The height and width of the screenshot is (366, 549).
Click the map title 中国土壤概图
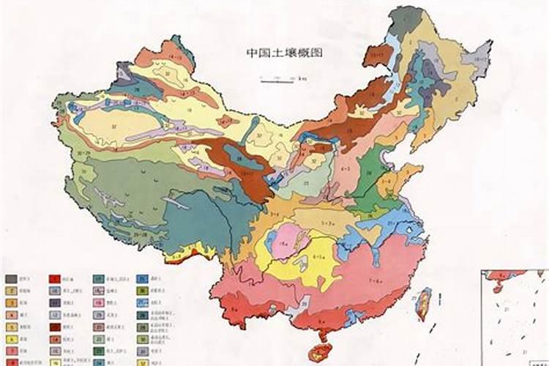284,53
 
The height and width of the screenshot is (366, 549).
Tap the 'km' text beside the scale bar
302,78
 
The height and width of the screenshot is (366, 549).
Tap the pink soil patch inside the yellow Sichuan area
283,241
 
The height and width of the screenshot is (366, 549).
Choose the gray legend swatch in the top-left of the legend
12,280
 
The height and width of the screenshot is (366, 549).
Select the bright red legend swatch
55,280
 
